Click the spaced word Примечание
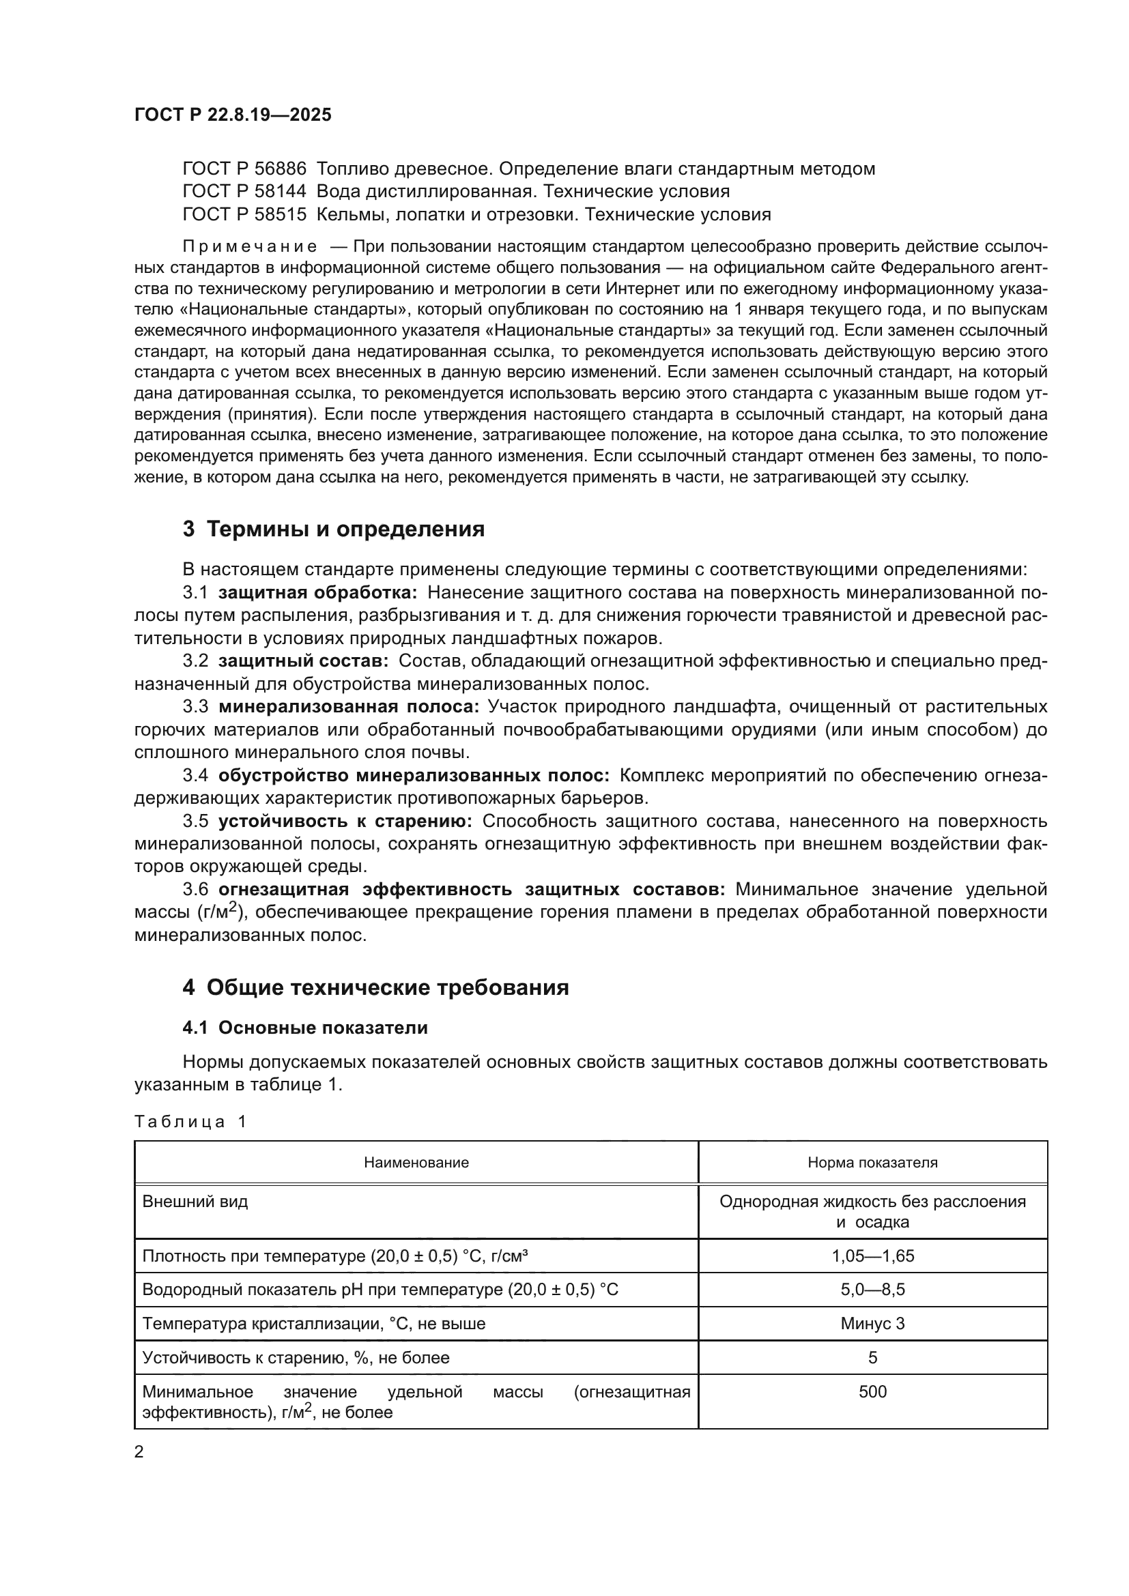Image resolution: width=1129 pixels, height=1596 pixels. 250,247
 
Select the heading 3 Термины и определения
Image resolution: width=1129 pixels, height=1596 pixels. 333,529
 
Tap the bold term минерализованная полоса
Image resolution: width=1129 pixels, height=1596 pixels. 348,707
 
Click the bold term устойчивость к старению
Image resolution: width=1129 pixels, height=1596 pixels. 345,821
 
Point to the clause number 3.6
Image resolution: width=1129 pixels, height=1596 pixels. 195,889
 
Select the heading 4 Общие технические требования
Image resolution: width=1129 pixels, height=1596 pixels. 375,988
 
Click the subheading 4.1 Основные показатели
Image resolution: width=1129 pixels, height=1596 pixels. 304,1028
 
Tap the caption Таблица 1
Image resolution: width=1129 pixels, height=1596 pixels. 190,1121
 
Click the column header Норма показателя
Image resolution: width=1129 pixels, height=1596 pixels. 872,1163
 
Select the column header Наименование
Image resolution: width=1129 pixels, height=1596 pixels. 416,1163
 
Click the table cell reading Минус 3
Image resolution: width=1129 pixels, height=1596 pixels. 872,1324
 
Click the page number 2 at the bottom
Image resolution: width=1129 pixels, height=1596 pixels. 139,1452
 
